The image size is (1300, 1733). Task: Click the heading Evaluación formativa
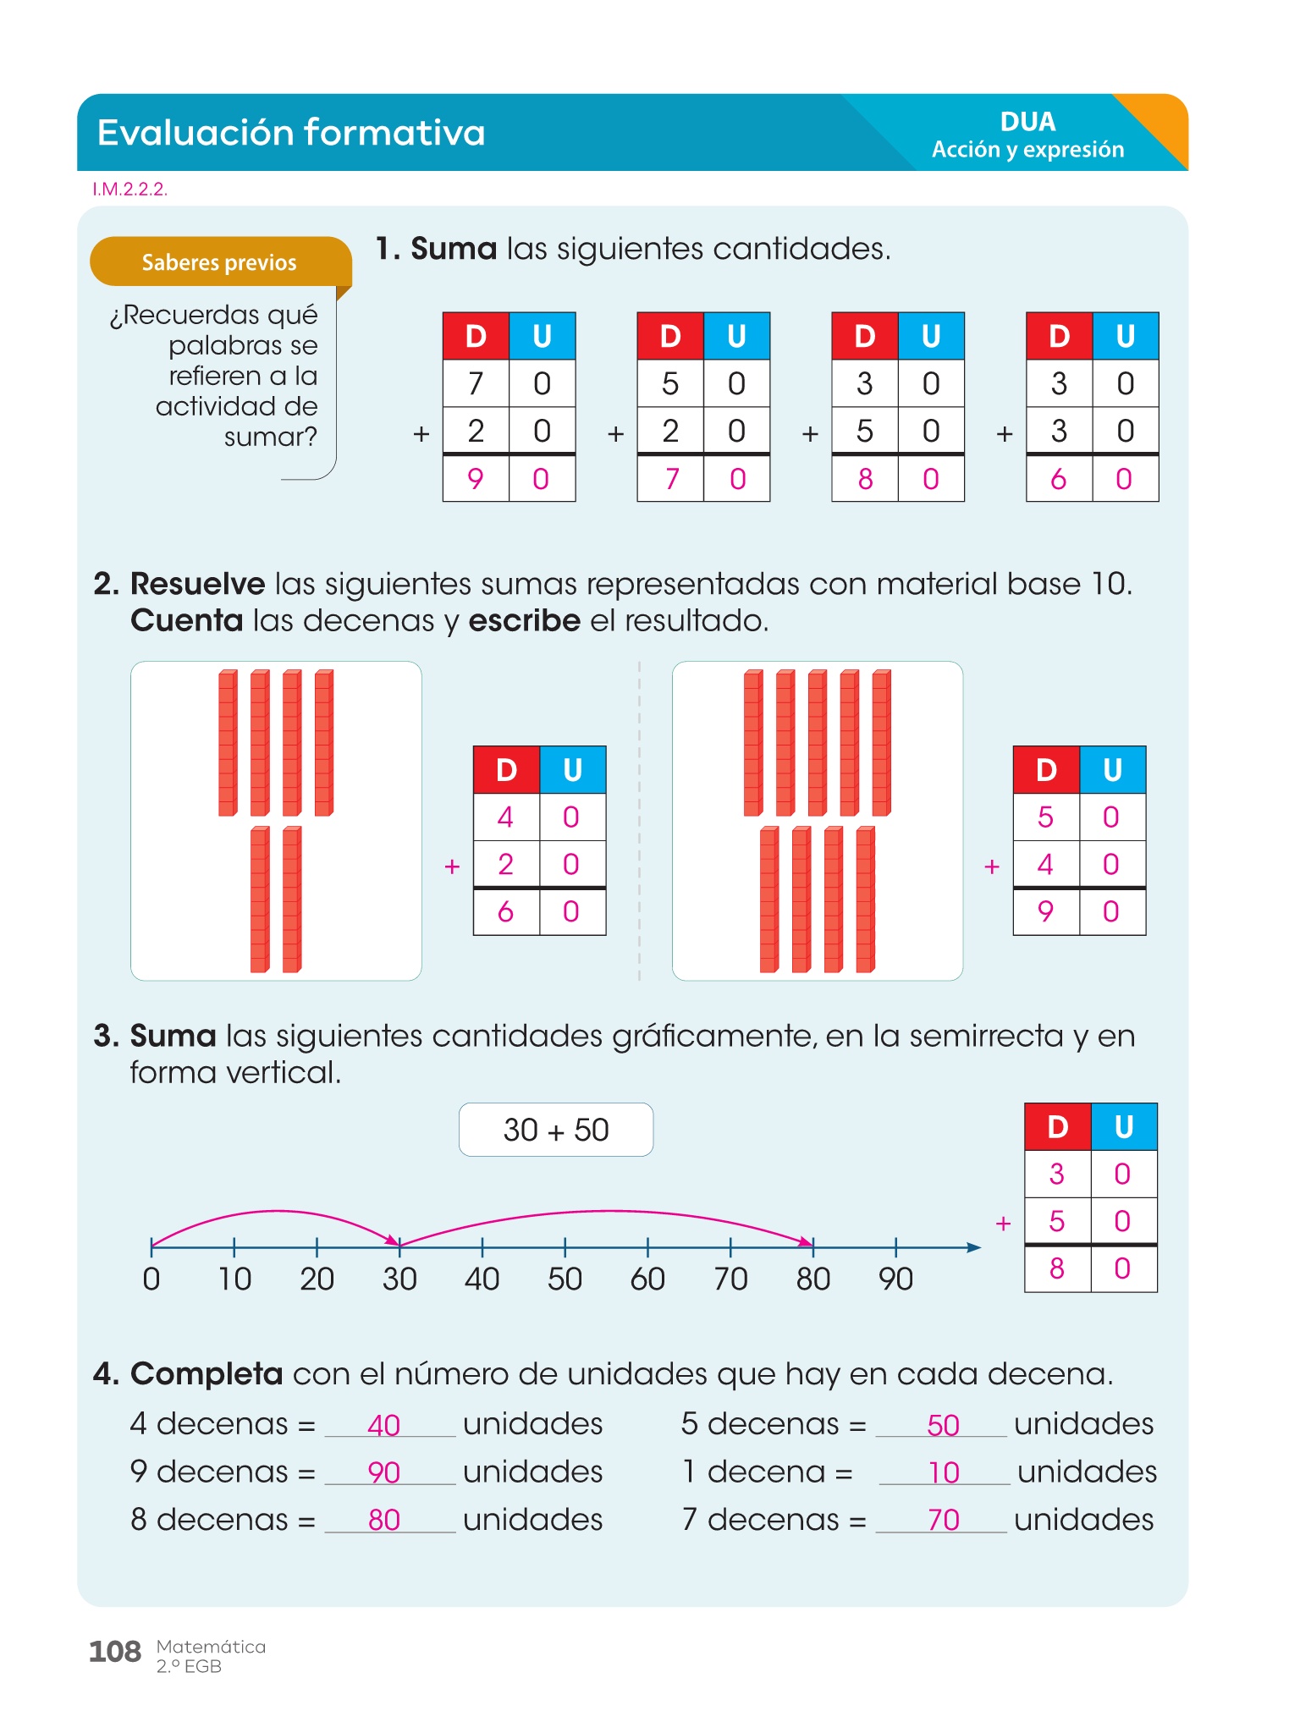[291, 133]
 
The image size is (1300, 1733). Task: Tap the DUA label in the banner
[1027, 122]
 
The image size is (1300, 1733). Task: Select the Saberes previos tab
[219, 262]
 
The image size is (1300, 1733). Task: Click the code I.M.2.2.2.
[129, 190]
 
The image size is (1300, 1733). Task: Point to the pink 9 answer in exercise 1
[476, 479]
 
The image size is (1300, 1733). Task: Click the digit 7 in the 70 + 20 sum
[476, 384]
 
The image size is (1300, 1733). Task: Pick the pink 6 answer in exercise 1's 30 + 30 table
[1058, 479]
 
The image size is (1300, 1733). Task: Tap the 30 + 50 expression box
[556, 1130]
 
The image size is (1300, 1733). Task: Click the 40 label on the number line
[482, 1279]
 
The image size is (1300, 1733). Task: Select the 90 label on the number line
[895, 1279]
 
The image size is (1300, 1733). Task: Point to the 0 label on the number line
[151, 1279]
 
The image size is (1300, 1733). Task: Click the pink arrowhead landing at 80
[807, 1241]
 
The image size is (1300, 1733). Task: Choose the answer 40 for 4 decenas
[383, 1426]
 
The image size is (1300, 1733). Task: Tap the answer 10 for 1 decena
[944, 1473]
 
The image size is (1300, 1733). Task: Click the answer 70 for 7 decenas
[943, 1521]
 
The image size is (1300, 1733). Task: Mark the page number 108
[115, 1652]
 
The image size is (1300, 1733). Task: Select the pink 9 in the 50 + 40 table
[1045, 911]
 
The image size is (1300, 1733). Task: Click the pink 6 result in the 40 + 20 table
[505, 911]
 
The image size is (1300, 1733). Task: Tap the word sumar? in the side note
[270, 437]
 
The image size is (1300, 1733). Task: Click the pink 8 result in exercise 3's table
[1057, 1268]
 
